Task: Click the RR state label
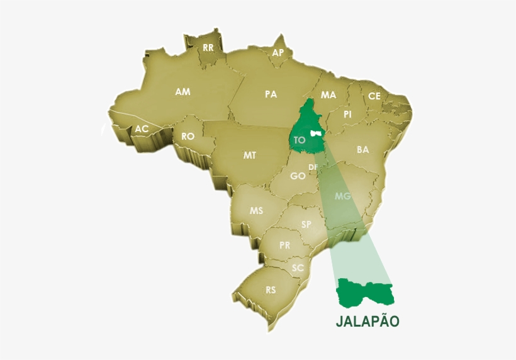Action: [x=208, y=47]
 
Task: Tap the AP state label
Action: [x=278, y=53]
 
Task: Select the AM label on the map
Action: [x=182, y=92]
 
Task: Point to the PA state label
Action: [x=271, y=94]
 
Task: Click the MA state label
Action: [x=328, y=95]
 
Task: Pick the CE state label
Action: [x=374, y=96]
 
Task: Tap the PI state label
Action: [x=347, y=115]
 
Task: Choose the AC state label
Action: [x=142, y=129]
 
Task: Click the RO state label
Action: [x=188, y=136]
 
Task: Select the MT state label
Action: [x=250, y=155]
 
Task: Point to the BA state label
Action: [x=362, y=150]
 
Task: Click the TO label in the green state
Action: [x=300, y=140]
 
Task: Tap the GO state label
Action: [x=298, y=176]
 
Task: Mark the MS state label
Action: [x=256, y=211]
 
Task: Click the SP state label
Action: [x=306, y=224]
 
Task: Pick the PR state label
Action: [x=285, y=245]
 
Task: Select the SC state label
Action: [x=298, y=267]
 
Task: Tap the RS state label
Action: [x=271, y=290]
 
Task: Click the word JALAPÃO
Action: [x=367, y=321]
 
